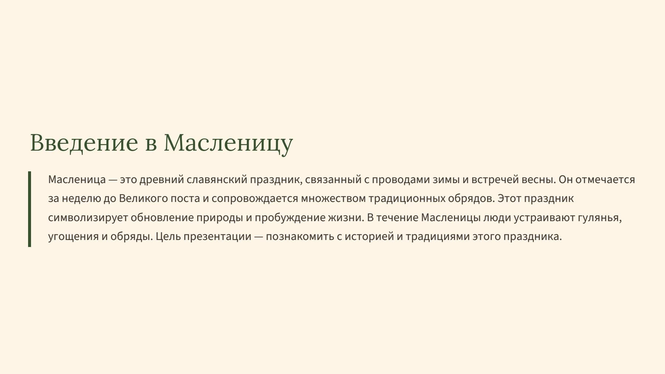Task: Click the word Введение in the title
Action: click(84, 143)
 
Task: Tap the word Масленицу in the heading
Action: click(228, 143)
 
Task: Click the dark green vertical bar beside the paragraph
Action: click(30, 209)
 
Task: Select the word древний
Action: click(161, 180)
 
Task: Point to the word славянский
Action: click(217, 180)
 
